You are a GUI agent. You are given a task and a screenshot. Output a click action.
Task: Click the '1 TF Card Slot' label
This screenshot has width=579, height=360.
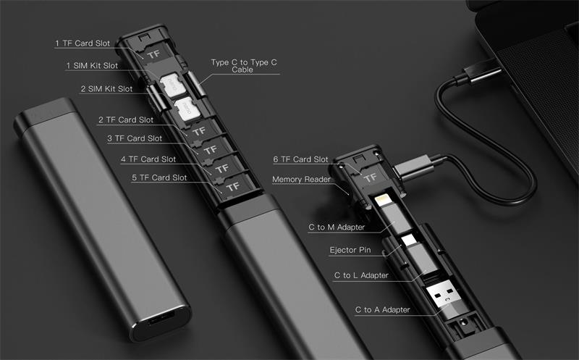coord(83,43)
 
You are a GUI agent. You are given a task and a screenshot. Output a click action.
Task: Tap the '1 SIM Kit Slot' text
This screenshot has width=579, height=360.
coord(92,65)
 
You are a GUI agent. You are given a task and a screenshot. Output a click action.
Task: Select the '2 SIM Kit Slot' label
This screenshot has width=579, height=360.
coord(106,88)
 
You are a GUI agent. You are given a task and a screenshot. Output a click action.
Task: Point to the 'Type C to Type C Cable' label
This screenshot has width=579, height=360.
coord(244,66)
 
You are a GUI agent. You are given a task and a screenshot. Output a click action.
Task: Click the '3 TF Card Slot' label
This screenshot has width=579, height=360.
coord(135,138)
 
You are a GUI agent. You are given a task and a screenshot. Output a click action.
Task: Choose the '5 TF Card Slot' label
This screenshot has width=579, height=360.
coord(159,177)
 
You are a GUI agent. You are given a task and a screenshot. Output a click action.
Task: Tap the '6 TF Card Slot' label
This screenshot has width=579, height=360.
coord(300,159)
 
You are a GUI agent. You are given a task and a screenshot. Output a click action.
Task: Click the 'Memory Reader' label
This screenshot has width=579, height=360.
coord(301,179)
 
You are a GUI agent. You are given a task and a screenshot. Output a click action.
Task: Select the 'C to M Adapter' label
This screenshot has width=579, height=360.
coord(337,227)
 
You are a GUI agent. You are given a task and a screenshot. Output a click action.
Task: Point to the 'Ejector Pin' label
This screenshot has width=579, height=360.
coord(350,250)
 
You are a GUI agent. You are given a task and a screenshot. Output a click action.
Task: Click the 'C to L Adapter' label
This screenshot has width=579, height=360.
coord(361,275)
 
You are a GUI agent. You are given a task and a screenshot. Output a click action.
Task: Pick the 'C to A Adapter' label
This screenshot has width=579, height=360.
coord(383,310)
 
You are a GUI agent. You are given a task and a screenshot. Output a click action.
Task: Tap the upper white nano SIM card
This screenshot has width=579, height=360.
coord(172,85)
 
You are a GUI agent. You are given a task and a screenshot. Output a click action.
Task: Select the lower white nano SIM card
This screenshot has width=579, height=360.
coord(187,109)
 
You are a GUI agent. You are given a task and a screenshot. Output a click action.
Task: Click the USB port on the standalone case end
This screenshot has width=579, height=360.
coord(161,319)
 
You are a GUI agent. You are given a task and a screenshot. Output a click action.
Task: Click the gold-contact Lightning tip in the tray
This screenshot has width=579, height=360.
coord(384,201)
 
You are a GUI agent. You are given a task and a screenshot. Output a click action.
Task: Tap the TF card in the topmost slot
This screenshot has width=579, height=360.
coord(154,54)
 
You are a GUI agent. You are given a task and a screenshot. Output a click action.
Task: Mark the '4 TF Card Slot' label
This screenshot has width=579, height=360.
coord(148,159)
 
